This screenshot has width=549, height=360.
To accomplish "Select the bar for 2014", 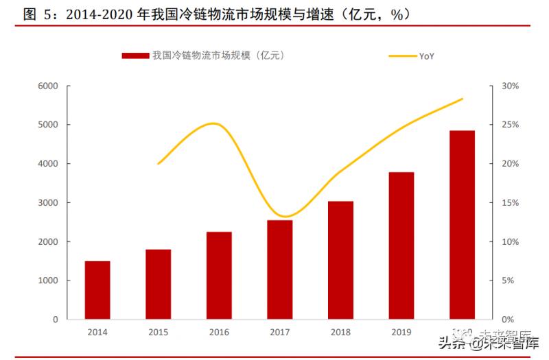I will pyautogui.click(x=97, y=290).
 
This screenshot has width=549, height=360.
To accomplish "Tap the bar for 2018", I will pyautogui.click(x=340, y=261).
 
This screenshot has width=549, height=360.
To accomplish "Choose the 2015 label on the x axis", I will pyautogui.click(x=159, y=332).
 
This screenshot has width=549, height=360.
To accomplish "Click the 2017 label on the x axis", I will pyautogui.click(x=280, y=332).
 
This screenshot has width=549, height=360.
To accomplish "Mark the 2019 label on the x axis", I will pyautogui.click(x=401, y=332).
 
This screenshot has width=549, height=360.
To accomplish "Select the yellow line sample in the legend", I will pyautogui.click(x=402, y=56).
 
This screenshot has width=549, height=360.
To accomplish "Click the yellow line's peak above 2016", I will pyautogui.click(x=214, y=123).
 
